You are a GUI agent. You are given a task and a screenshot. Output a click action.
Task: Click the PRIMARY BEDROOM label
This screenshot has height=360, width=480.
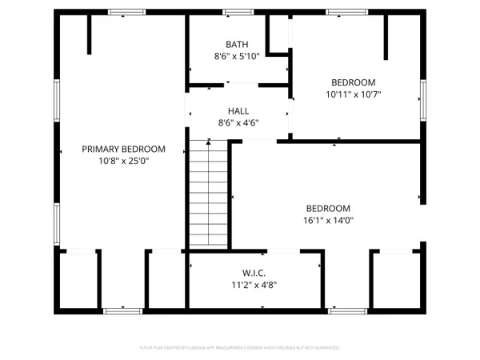click(x=124, y=149)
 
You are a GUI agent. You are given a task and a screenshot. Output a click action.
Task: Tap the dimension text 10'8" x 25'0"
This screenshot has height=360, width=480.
click(x=124, y=161)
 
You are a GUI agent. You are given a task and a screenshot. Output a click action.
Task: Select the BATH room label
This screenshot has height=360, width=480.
click(x=237, y=45)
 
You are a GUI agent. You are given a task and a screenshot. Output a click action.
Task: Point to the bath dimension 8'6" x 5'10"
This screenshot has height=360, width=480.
click(x=237, y=57)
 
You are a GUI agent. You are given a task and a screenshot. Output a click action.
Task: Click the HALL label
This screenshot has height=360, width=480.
click(x=238, y=111)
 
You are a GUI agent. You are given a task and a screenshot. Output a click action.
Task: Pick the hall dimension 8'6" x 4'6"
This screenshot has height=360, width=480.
click(x=238, y=123)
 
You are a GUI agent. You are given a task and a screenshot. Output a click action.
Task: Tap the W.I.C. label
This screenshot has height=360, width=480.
click(x=254, y=272)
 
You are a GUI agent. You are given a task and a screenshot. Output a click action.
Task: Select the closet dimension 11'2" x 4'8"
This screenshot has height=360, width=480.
click(x=254, y=284)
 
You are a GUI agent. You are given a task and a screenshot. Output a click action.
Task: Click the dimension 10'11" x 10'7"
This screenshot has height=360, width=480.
click(x=354, y=94)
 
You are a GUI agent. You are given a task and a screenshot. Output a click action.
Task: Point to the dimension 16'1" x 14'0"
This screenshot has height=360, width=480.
click(x=328, y=220)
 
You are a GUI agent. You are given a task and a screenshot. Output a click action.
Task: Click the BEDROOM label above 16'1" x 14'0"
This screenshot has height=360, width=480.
click(x=328, y=208)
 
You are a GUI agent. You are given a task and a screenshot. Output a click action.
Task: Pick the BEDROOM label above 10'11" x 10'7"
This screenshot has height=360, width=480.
click(x=354, y=82)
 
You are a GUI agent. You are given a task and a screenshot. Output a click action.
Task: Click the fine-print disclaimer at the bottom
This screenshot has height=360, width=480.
click(x=240, y=348)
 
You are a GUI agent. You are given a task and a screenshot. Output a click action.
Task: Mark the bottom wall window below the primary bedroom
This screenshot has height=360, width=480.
click(x=118, y=310)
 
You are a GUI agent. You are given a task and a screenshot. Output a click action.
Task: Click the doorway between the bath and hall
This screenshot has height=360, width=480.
click(x=238, y=84)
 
